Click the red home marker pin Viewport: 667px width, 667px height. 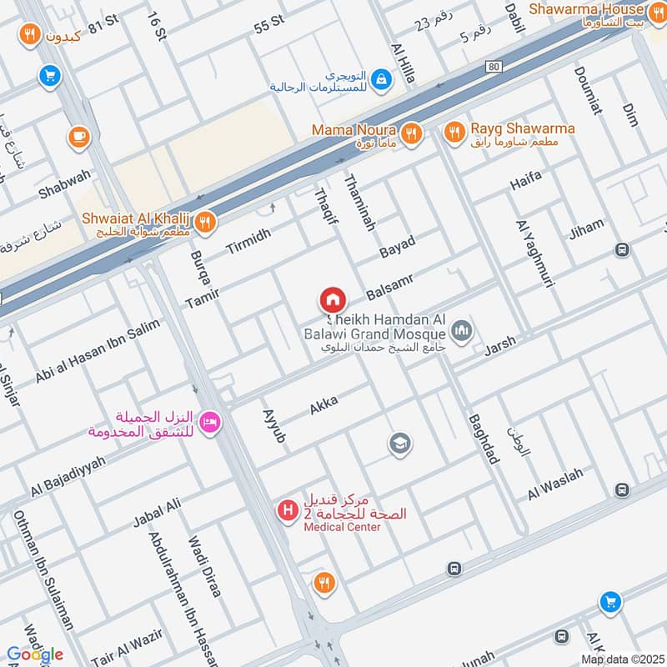tap(332, 300)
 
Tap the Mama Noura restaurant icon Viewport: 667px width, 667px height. tap(410, 133)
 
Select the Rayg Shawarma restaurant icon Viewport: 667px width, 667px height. tap(454, 131)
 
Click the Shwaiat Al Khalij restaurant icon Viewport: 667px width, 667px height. tap(205, 222)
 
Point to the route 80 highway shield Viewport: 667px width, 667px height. tap(494, 67)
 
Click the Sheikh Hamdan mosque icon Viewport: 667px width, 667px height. tap(464, 333)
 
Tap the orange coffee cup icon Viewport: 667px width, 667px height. tap(78, 135)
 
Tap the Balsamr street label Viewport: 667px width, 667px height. tap(390, 285)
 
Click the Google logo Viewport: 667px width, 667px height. tap(35, 654)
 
